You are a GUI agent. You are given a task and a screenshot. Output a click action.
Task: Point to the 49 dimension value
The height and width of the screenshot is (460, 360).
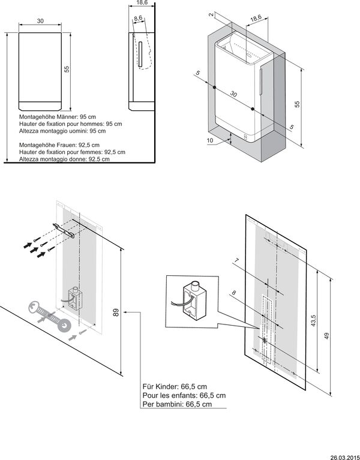click(x=326, y=336)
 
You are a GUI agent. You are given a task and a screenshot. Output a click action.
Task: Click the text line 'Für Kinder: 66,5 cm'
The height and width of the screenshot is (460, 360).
click(x=174, y=387)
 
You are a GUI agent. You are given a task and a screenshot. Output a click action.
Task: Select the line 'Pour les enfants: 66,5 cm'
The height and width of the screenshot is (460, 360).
click(x=184, y=396)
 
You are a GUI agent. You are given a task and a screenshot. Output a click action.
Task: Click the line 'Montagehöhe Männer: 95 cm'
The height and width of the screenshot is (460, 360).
click(x=56, y=117)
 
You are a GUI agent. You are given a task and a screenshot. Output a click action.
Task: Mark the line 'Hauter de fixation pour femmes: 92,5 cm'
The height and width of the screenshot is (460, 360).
click(x=72, y=152)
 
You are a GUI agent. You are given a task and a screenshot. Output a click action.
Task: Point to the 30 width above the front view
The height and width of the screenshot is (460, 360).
click(x=40, y=21)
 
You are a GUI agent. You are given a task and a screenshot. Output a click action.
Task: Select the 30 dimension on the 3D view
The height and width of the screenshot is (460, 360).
click(x=234, y=95)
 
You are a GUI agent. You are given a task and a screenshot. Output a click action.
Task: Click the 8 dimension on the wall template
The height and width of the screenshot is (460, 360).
click(x=234, y=293)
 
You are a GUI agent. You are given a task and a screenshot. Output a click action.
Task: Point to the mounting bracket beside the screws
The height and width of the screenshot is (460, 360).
click(x=64, y=230)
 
